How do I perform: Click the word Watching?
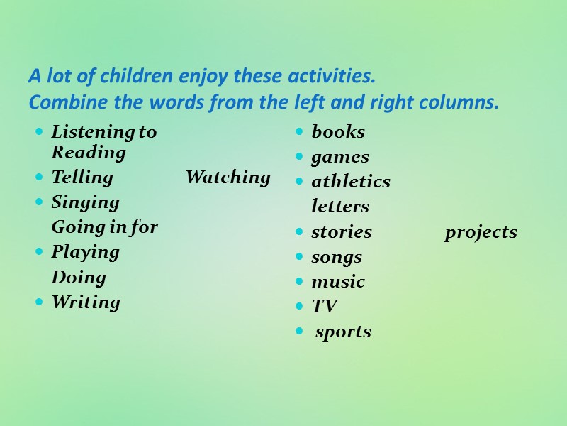228,177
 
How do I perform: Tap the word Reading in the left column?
89,153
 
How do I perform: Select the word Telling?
82,177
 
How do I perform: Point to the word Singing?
85,203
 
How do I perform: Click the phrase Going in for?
104,228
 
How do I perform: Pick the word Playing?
85,253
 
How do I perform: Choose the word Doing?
79,278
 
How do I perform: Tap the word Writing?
86,302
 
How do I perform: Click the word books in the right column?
338,132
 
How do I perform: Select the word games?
340,157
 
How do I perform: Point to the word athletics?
351,182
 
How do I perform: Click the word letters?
340,207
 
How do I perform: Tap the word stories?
342,232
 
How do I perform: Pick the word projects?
481,233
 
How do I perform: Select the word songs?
337,257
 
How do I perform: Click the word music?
338,282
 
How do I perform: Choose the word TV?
324,307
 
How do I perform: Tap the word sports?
343,332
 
